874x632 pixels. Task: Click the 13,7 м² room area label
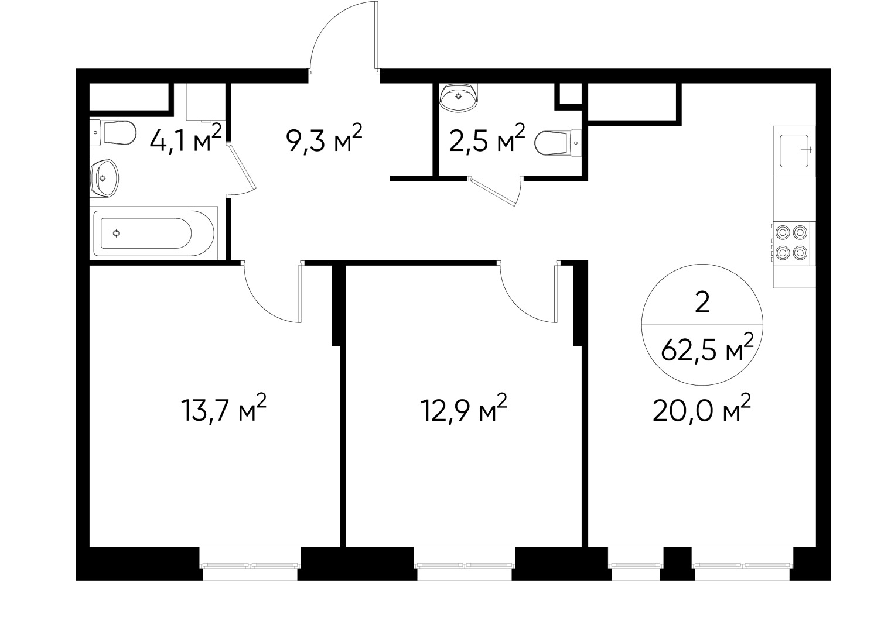[x=224, y=409]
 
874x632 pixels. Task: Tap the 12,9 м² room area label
[x=463, y=409]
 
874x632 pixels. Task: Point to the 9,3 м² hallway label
[x=324, y=140]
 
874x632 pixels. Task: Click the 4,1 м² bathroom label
[x=185, y=140]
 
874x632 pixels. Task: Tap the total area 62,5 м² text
[x=706, y=352]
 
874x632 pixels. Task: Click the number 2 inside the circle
[x=702, y=303]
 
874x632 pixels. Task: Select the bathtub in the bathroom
[x=146, y=233]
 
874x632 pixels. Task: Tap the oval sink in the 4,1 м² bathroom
[x=104, y=178]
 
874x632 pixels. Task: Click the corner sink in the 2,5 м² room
[x=460, y=97]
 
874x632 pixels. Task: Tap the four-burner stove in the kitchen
[x=791, y=243]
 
